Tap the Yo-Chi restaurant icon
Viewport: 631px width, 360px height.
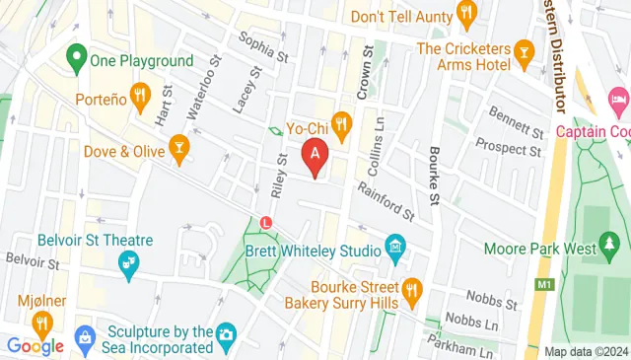342,123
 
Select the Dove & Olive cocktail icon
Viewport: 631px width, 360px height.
179,149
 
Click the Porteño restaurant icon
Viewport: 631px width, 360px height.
140,97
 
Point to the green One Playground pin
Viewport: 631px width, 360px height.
75,59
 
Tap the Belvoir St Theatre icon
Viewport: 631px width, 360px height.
127,261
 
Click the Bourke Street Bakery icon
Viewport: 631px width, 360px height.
412,288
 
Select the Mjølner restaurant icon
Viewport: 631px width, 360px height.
41,322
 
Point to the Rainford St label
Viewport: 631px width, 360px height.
386,201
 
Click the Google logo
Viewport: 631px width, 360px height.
35,345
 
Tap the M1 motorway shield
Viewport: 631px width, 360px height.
543,285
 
